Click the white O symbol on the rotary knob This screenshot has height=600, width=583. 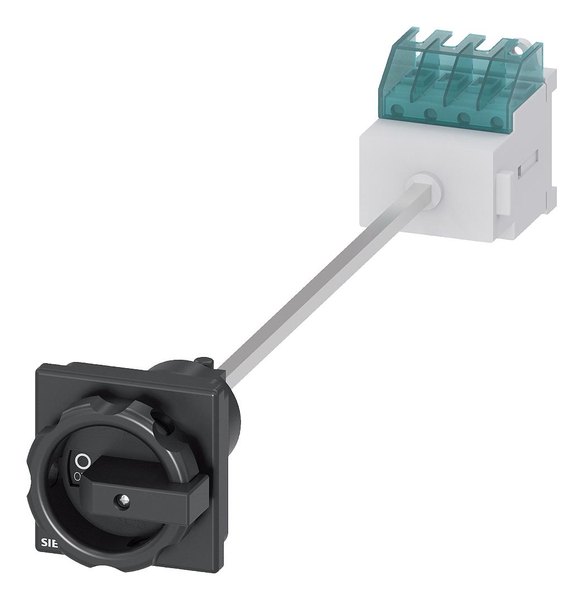click(82, 461)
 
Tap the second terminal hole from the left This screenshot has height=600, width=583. click(430, 114)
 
